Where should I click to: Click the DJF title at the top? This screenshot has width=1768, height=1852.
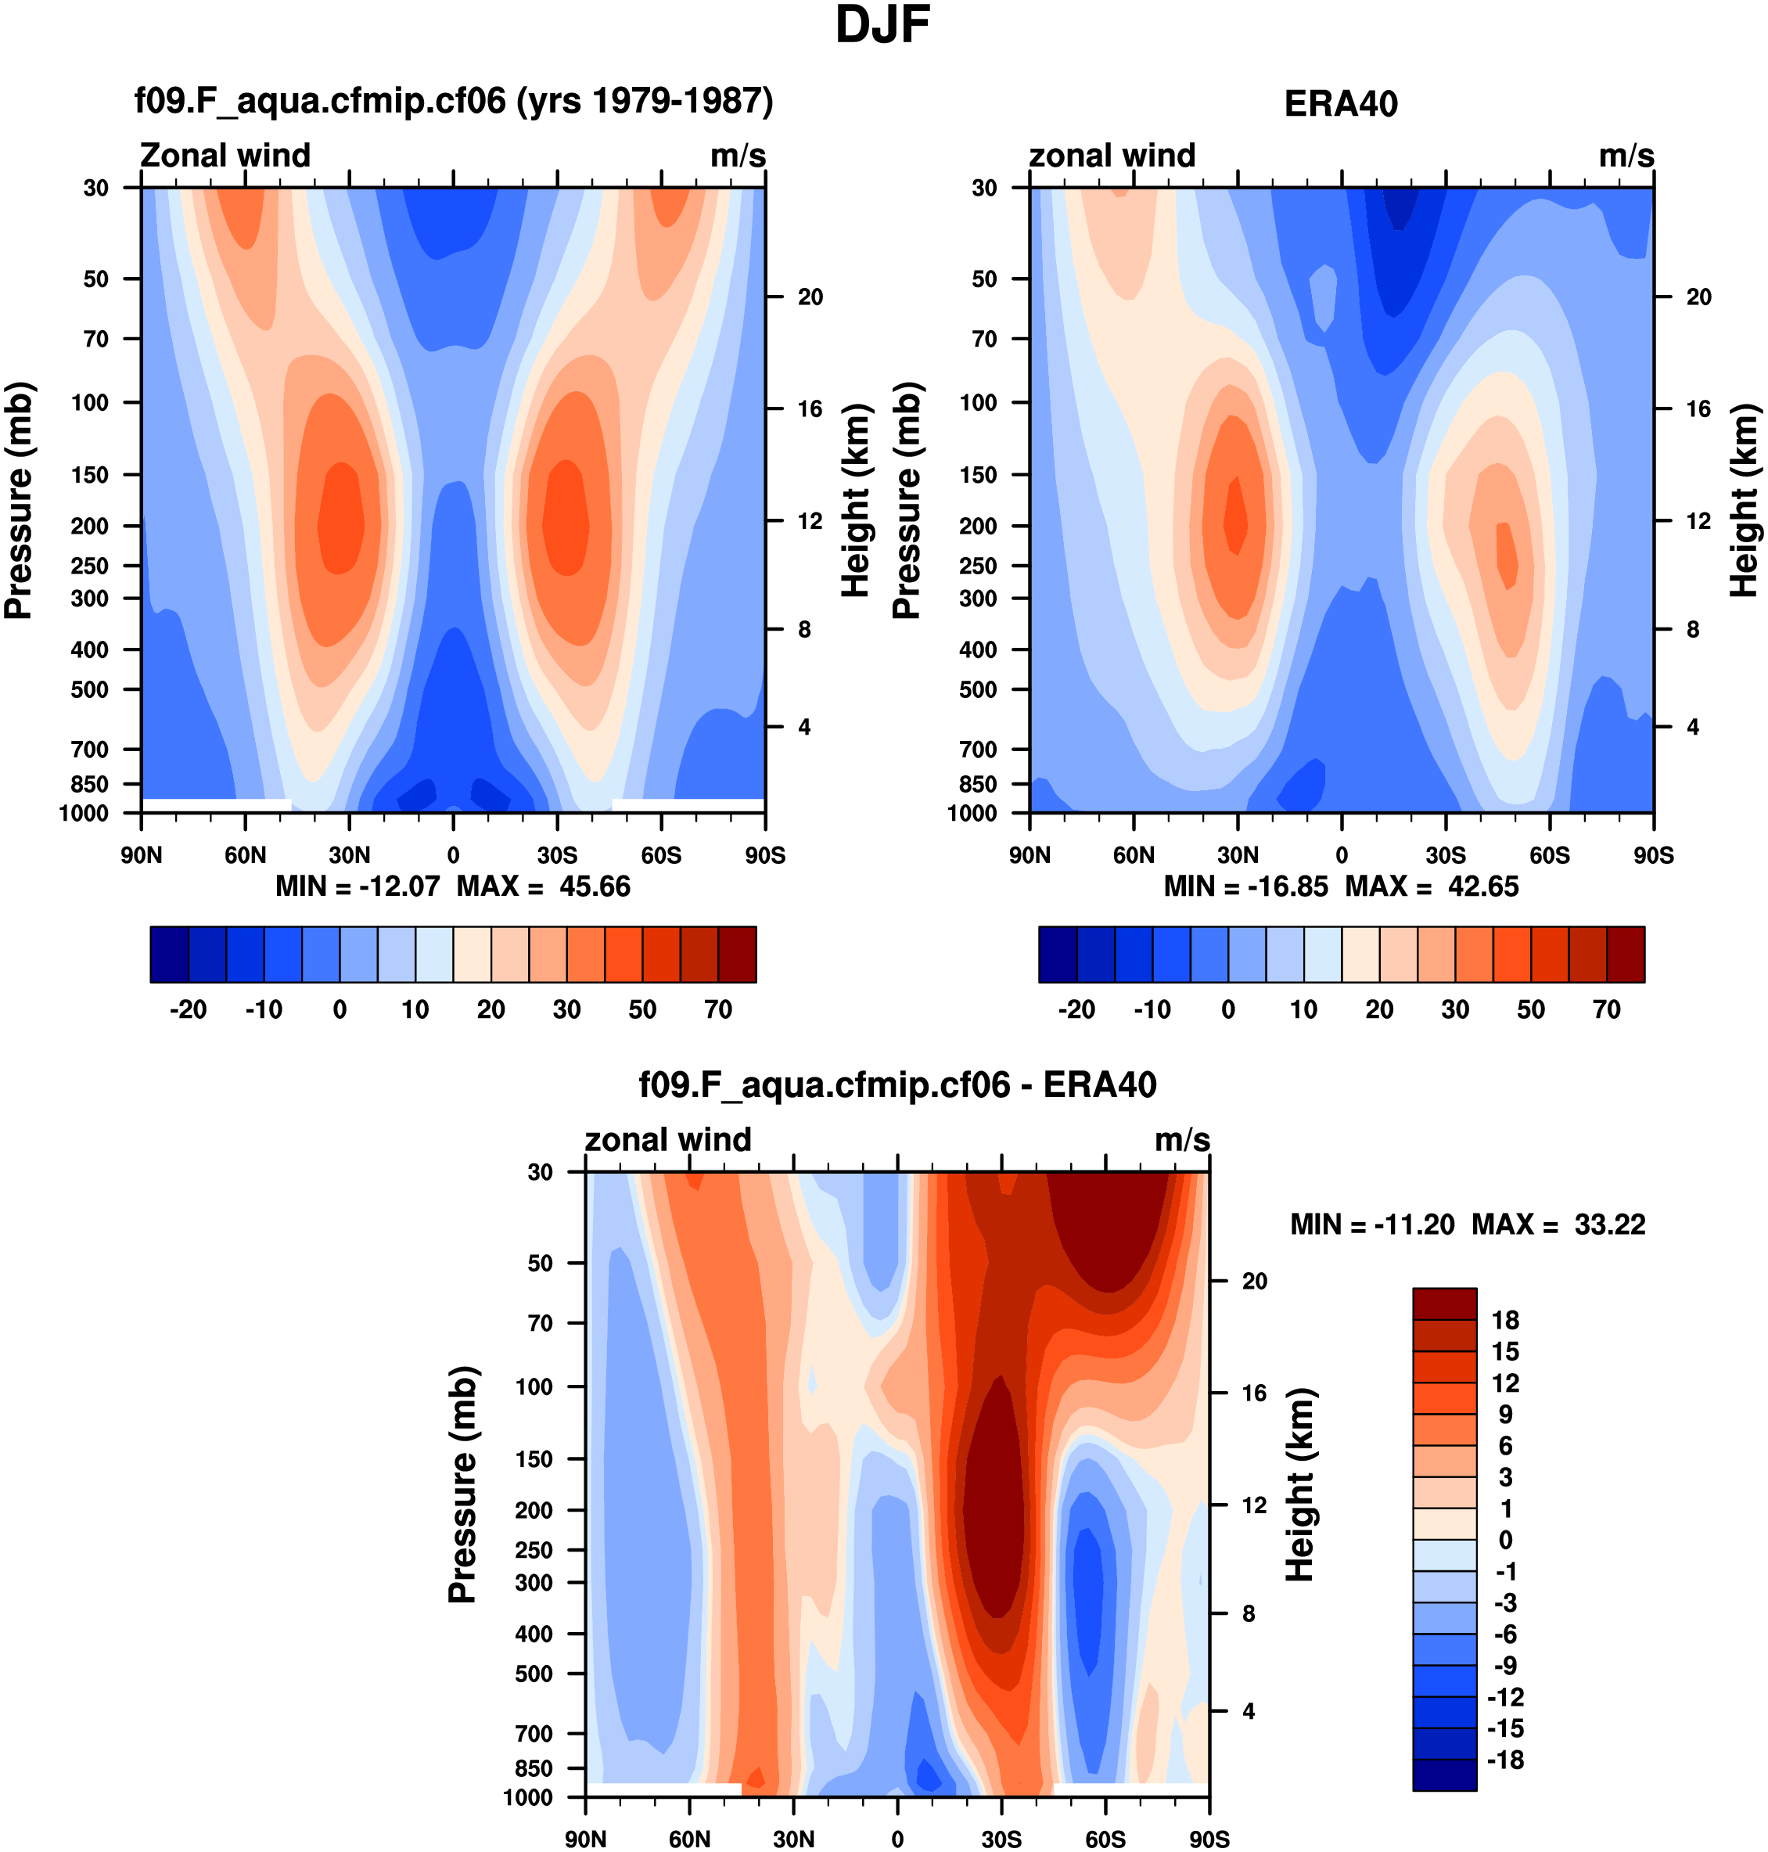pyautogui.click(x=882, y=26)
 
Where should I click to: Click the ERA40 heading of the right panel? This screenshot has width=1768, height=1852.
pyautogui.click(x=1340, y=104)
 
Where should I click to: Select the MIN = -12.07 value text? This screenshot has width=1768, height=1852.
pyautogui.click(x=358, y=887)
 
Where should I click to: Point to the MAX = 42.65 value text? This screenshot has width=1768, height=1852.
pyautogui.click(x=1432, y=887)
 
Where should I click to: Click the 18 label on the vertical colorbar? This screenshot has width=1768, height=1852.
pyautogui.click(x=1505, y=1321)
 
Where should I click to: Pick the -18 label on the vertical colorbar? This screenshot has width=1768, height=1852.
pyautogui.click(x=1504, y=1760)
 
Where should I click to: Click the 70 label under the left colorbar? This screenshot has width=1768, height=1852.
pyautogui.click(x=718, y=1009)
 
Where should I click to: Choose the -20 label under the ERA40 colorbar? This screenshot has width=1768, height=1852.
pyautogui.click(x=1076, y=1009)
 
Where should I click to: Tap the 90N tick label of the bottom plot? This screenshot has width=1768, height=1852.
pyautogui.click(x=585, y=1839)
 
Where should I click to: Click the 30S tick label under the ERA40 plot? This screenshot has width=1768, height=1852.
pyautogui.click(x=1445, y=855)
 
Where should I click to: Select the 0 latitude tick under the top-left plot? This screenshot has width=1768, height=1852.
pyautogui.click(x=453, y=855)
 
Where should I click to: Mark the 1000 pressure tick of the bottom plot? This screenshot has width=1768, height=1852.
pyautogui.click(x=528, y=1797)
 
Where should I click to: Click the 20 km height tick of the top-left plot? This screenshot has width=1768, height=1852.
pyautogui.click(x=810, y=297)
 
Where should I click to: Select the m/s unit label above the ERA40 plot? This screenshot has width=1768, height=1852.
pyautogui.click(x=1626, y=156)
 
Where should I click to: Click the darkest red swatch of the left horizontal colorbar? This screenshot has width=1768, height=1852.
pyautogui.click(x=737, y=955)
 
